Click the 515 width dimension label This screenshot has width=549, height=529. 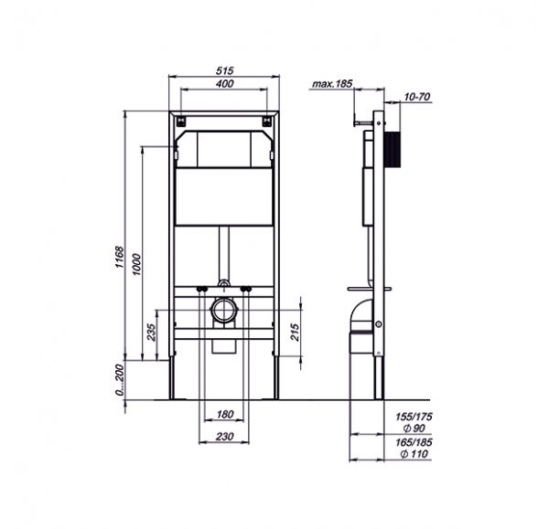tap(224, 70)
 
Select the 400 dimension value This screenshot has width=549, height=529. tap(224, 83)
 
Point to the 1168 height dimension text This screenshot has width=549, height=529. tap(120, 258)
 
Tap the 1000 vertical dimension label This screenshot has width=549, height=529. tap(136, 264)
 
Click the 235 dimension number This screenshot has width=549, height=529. tap(151, 332)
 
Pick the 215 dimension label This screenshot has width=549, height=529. tap(295, 332)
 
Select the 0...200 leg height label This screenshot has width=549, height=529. tap(120, 379)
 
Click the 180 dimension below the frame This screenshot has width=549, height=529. tap(225, 414)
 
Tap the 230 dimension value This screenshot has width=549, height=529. tap(224, 437)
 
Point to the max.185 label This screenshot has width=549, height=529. tap(332, 84)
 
